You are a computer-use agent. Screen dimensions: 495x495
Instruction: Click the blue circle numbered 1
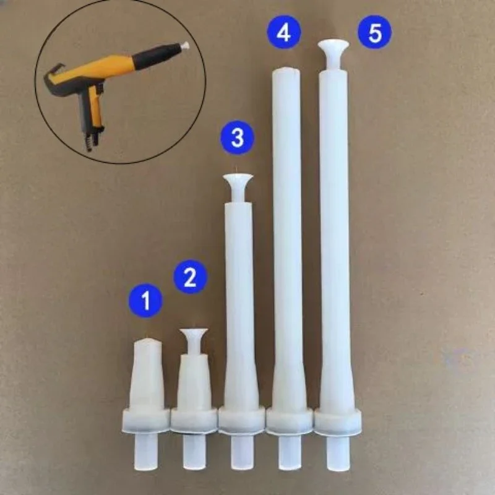(x=146, y=301)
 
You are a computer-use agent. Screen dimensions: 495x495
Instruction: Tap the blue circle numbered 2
(x=190, y=277)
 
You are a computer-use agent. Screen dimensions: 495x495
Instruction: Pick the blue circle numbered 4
(x=283, y=33)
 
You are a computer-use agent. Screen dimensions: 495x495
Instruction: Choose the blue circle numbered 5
(x=376, y=33)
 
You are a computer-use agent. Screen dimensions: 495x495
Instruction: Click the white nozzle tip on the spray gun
(x=184, y=45)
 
